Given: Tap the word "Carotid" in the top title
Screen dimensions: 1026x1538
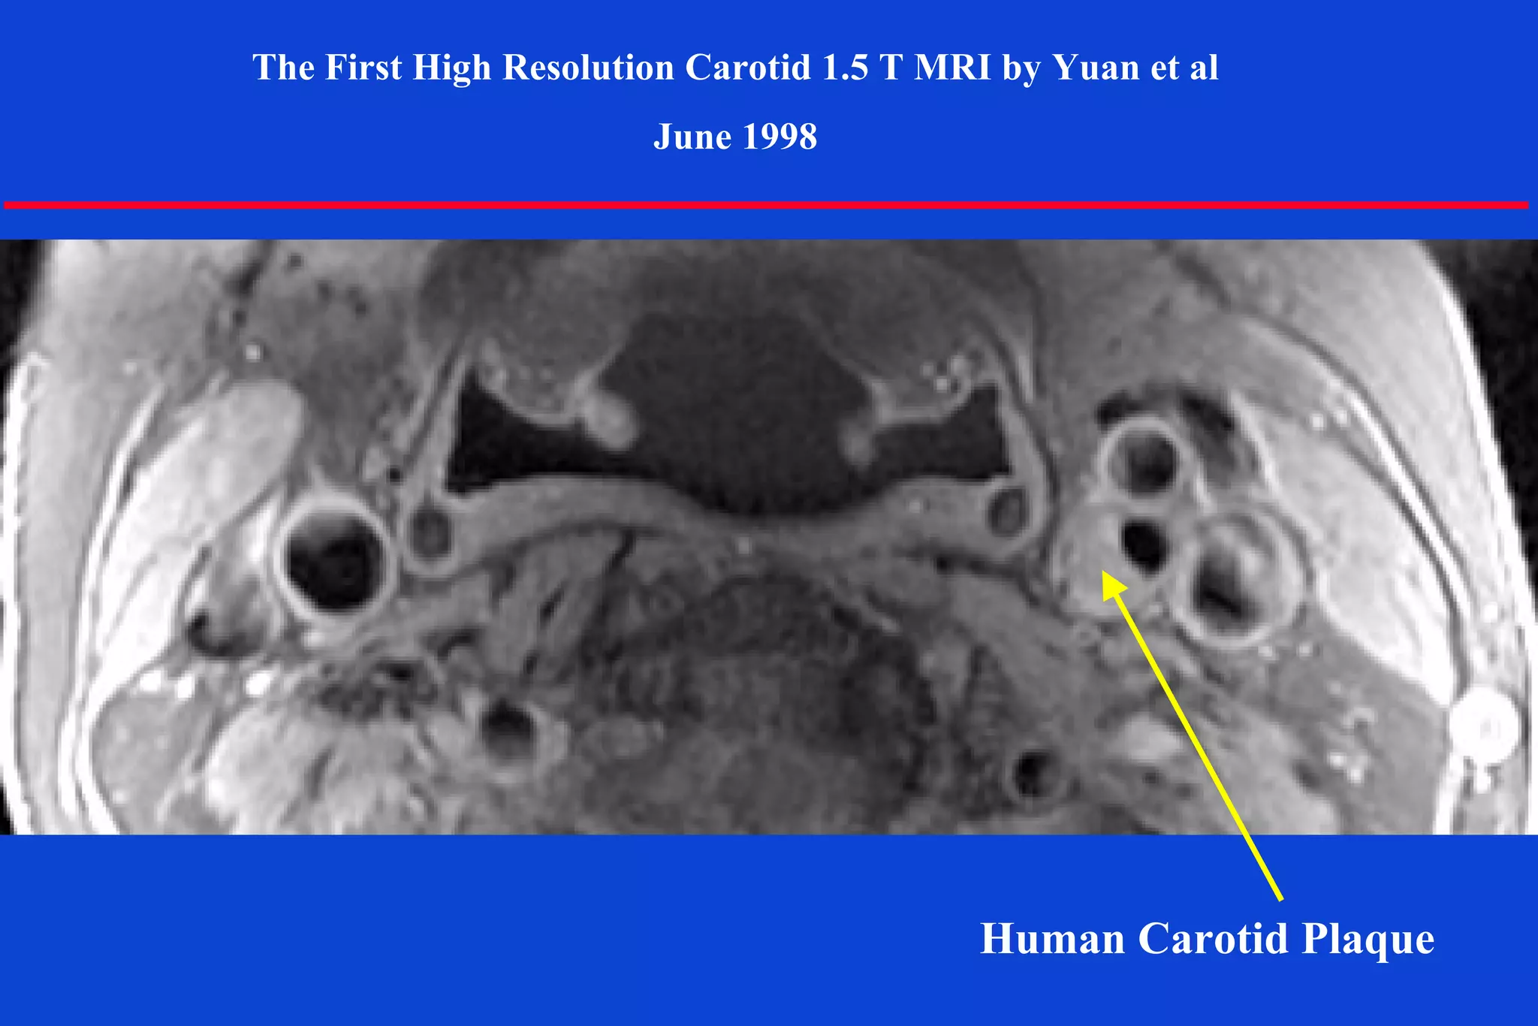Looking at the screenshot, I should (748, 68).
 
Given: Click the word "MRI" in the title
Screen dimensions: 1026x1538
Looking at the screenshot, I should (953, 68).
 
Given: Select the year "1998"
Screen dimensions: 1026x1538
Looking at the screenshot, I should (779, 137).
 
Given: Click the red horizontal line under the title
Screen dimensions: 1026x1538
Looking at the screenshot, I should (766, 204).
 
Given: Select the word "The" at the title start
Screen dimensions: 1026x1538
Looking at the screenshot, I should (283, 68).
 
